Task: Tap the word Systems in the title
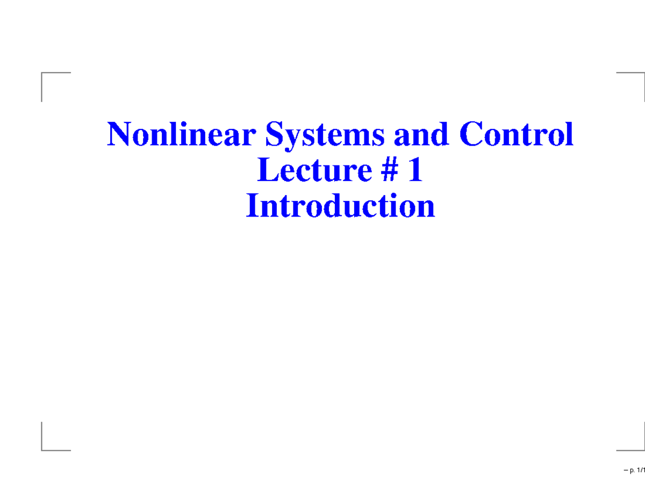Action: tap(324, 135)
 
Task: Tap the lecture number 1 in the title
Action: tap(414, 171)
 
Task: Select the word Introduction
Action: tap(340, 206)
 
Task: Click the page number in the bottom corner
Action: tap(634, 486)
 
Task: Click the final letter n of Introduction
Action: tap(426, 208)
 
